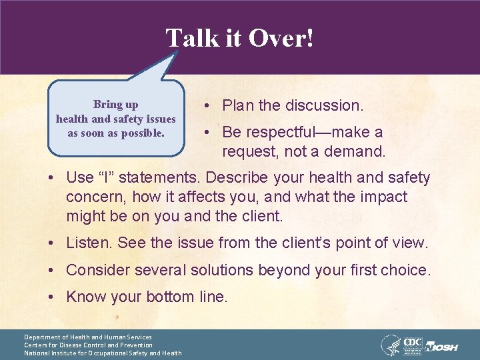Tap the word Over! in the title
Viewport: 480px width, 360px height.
tap(281, 38)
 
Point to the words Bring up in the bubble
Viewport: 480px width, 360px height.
tap(116, 104)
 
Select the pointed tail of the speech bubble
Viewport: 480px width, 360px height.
tap(171, 63)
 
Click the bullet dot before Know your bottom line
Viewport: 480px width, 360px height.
tap(51, 297)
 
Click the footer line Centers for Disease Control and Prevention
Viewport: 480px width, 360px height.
tap(88, 345)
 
